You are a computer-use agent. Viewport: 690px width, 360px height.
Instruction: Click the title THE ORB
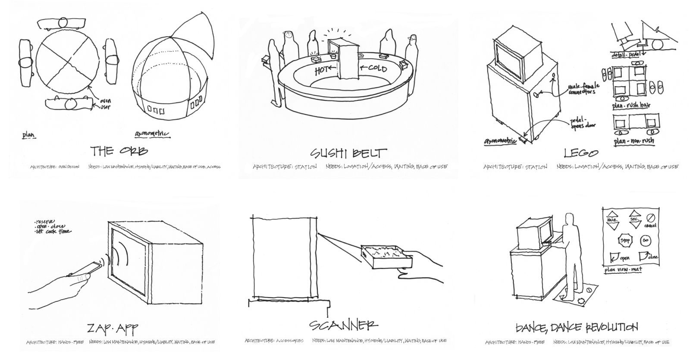(119, 151)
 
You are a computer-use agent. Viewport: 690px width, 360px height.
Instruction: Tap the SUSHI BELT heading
(348, 153)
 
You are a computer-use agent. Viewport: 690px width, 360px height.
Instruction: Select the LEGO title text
(581, 153)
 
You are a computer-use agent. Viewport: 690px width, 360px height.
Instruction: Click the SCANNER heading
(343, 325)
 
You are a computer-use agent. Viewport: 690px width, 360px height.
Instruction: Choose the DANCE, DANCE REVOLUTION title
(577, 327)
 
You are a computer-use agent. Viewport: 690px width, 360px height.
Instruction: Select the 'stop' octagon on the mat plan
(624, 240)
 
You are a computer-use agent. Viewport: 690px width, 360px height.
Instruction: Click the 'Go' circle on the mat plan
(646, 240)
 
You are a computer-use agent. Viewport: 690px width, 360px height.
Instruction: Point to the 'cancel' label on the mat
(650, 225)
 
